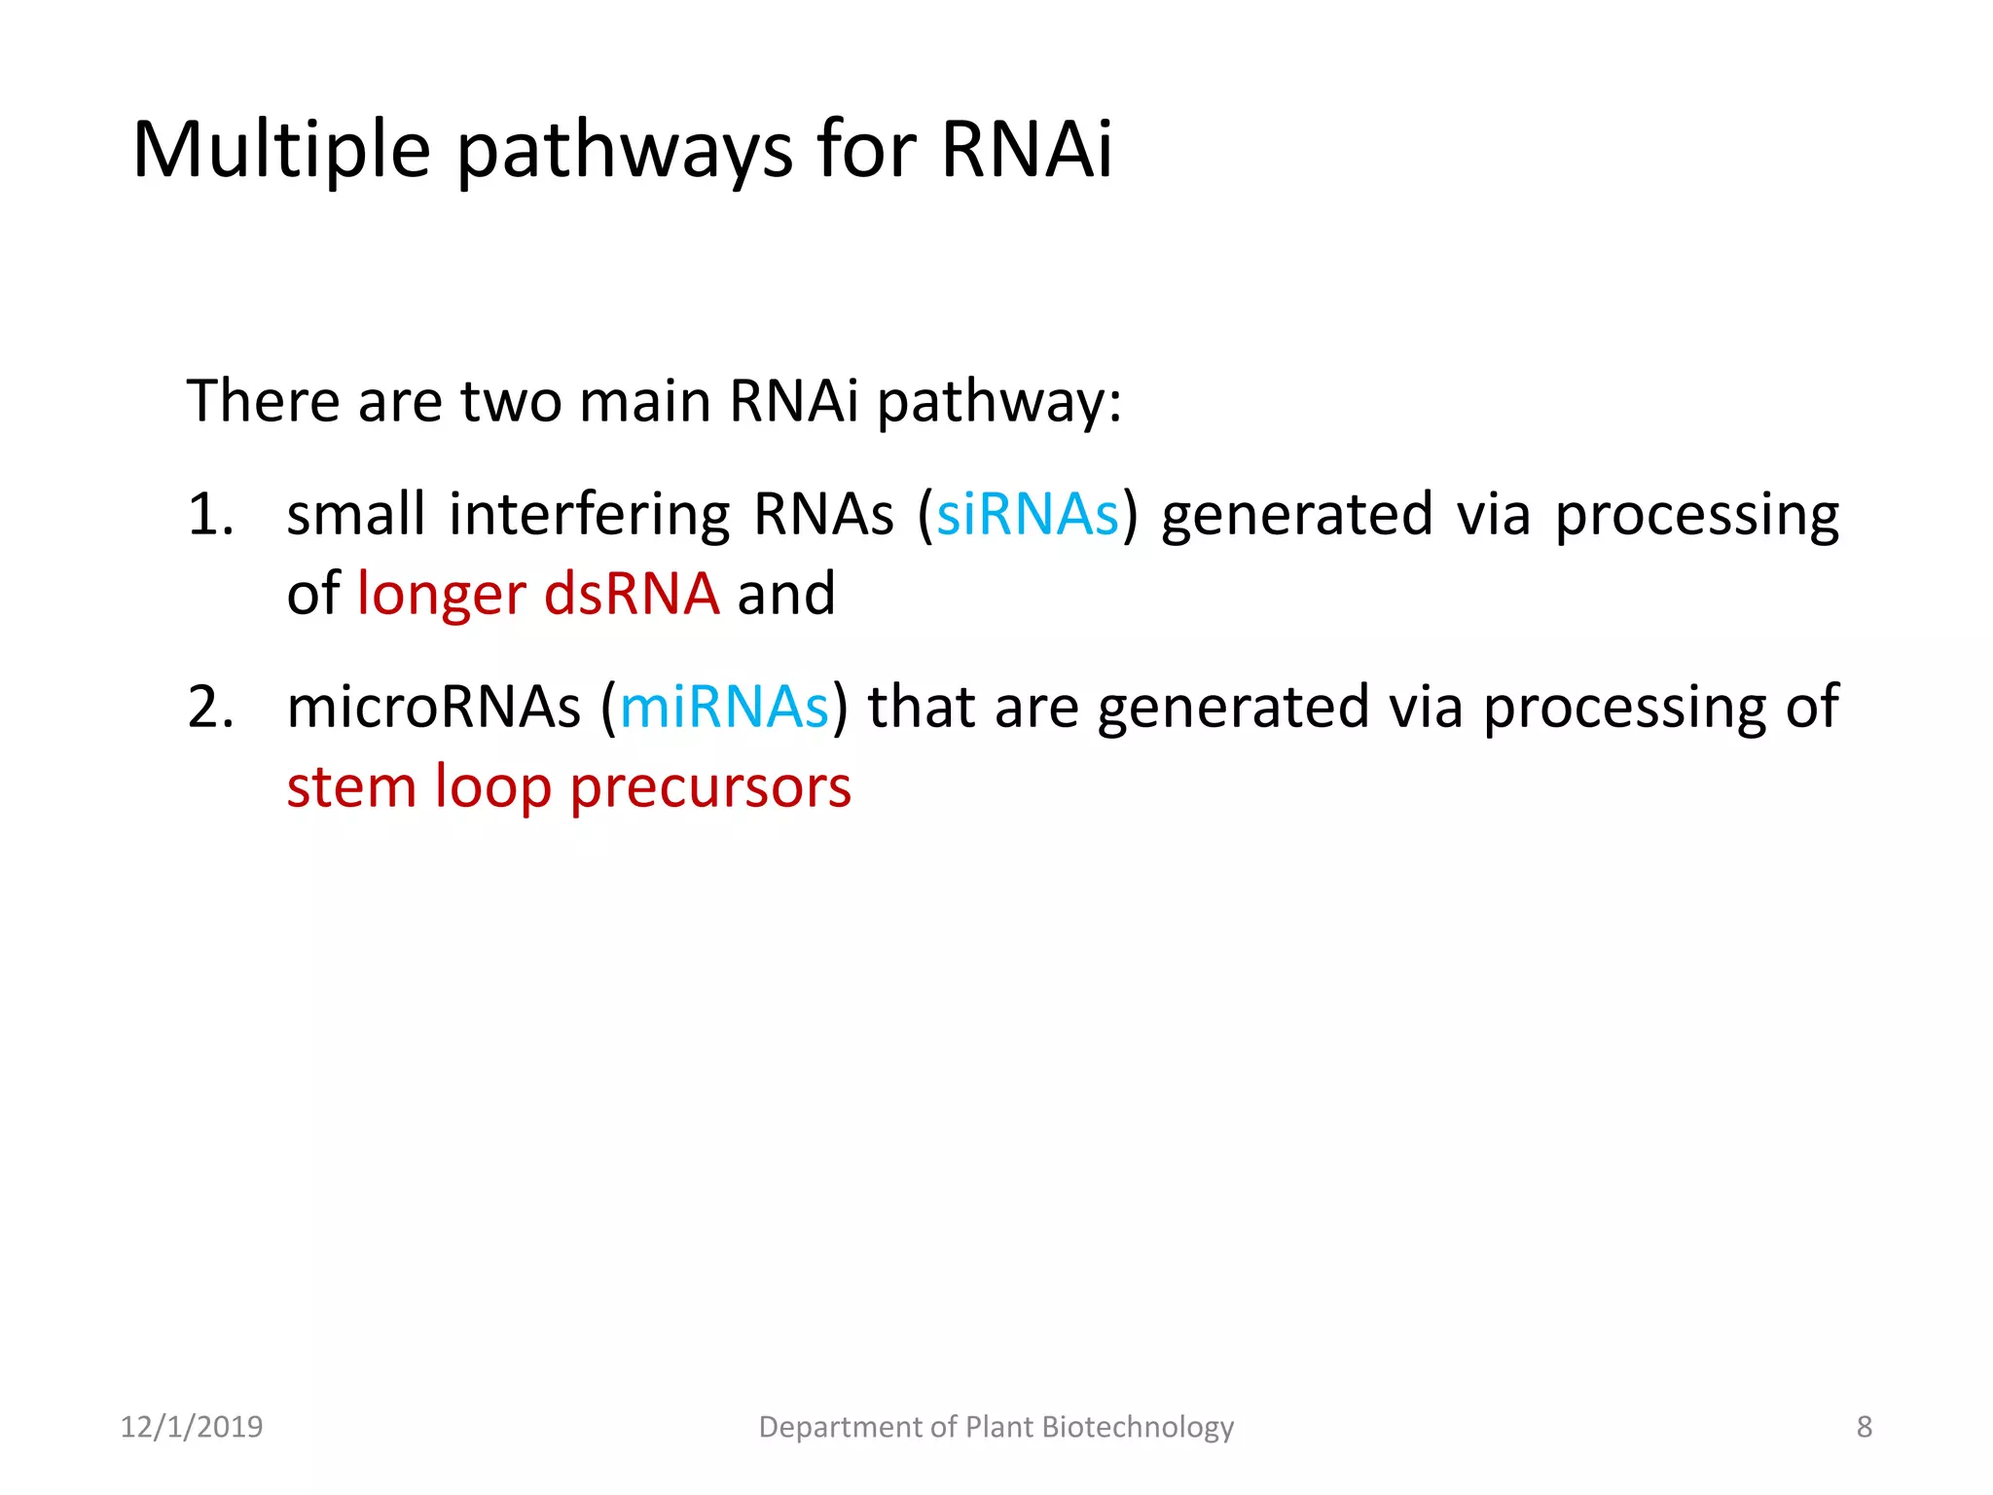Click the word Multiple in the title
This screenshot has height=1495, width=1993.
[281, 151]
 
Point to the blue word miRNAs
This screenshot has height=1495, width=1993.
[724, 707]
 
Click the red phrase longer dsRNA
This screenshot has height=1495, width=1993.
[538, 594]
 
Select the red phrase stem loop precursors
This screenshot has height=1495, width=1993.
[568, 786]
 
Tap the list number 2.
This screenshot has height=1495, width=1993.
[209, 707]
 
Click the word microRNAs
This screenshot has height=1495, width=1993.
[433, 707]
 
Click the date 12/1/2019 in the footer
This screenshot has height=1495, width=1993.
[191, 1427]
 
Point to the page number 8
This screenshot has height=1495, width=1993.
[1864, 1427]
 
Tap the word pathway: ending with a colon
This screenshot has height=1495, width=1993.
[999, 403]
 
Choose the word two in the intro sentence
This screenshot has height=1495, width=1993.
[511, 401]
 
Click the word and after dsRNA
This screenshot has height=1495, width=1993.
[786, 594]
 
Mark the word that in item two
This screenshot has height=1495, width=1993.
[922, 707]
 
